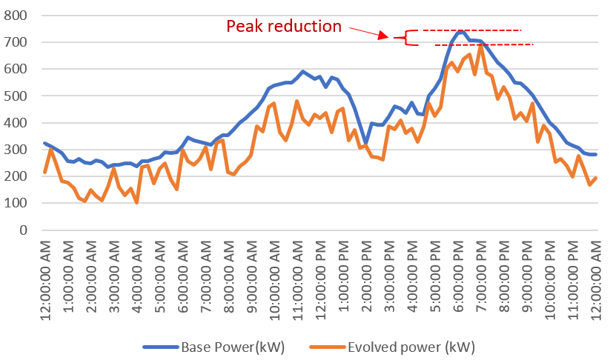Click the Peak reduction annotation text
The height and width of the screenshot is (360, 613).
(x=284, y=27)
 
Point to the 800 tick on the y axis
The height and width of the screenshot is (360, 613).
(x=19, y=16)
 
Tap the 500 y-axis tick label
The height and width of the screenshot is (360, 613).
(x=19, y=96)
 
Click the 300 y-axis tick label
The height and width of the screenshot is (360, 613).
(x=19, y=150)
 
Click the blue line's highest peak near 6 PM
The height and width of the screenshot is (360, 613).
(x=462, y=31)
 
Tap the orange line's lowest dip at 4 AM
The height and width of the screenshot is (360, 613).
(x=136, y=202)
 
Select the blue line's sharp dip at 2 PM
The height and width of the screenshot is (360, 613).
(x=365, y=143)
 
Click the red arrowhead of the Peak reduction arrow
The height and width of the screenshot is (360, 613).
(x=384, y=35)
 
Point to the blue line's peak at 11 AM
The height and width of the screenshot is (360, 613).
(x=302, y=71)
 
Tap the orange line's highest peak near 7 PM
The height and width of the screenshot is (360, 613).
(x=481, y=44)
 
